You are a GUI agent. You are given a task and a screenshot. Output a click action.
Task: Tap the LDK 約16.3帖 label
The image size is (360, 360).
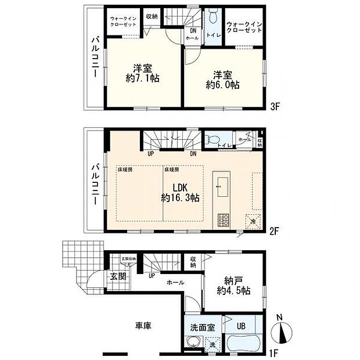click(180, 192)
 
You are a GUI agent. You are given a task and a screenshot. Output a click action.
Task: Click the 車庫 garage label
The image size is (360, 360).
click(144, 327)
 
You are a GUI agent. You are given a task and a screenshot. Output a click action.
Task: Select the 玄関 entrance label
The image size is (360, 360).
click(118, 276)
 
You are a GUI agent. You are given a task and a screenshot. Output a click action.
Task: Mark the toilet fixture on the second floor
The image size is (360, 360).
click(211, 140)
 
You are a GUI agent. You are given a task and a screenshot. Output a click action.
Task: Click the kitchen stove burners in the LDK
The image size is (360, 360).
click(224, 220)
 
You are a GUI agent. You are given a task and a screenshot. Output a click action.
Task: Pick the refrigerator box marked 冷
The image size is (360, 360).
click(253, 221)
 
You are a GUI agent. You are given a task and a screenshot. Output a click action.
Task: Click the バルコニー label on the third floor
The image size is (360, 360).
click(94, 58)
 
